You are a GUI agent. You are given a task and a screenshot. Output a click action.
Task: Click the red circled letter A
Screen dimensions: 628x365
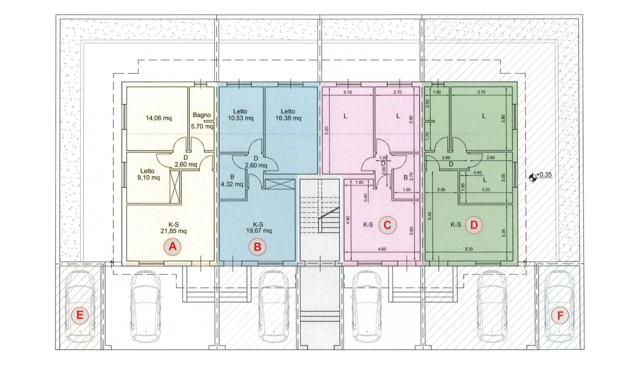(x=172, y=247)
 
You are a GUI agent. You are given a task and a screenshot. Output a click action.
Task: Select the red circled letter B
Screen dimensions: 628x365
(x=257, y=247)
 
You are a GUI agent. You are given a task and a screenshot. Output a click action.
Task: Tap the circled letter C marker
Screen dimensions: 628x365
(x=387, y=225)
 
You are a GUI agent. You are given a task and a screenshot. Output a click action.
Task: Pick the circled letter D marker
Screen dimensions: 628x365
(x=474, y=225)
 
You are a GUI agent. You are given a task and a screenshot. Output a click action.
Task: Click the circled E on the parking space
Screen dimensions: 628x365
(x=80, y=315)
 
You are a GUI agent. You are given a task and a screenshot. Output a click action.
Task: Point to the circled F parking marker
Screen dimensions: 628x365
(x=560, y=315)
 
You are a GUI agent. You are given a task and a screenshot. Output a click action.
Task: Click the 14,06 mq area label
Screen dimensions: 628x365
(x=158, y=118)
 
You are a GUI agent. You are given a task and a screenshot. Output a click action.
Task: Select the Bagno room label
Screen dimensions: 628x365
(x=201, y=115)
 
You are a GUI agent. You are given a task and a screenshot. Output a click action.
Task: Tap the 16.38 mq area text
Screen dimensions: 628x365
(x=288, y=118)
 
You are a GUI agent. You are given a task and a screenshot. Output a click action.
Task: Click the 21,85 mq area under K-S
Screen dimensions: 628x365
(x=173, y=231)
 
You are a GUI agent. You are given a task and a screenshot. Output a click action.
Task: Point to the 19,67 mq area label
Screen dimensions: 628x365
(x=259, y=231)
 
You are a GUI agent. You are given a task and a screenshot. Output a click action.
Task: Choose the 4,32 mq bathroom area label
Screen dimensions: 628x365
(x=232, y=184)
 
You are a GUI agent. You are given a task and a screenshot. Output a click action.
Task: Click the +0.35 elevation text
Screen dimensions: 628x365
(x=544, y=175)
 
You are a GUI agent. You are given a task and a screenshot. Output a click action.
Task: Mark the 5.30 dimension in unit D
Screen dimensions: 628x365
(x=469, y=249)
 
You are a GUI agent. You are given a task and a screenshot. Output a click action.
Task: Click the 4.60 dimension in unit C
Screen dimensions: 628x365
(x=382, y=249)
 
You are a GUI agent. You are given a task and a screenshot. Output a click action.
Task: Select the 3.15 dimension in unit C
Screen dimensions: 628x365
(x=348, y=92)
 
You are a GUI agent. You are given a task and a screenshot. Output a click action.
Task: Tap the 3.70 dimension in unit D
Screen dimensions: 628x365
(x=481, y=92)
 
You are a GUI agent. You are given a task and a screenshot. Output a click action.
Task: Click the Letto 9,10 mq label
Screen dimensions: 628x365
(x=148, y=174)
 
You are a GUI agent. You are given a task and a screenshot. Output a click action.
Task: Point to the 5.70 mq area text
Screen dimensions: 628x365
(x=202, y=127)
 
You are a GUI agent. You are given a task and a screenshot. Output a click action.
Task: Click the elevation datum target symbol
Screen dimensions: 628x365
(x=533, y=178)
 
